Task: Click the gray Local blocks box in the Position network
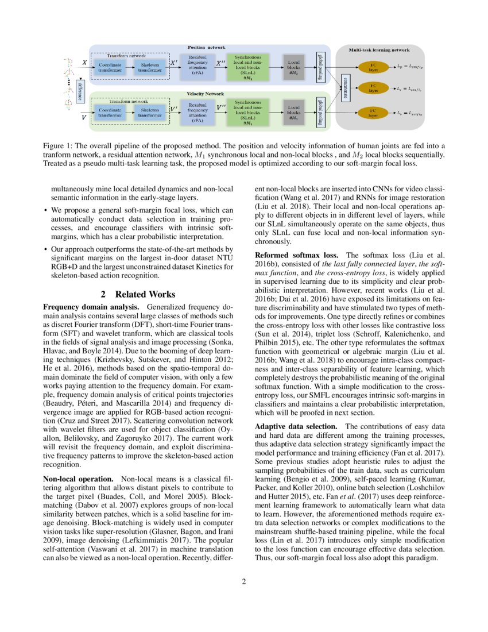[x=293, y=67]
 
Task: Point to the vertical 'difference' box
[x=80, y=91]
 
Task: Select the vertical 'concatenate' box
[x=344, y=89]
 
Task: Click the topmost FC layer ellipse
[x=374, y=67]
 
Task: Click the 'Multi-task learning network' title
[x=379, y=51]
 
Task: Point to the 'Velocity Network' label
[x=206, y=93]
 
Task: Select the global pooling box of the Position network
[x=320, y=67]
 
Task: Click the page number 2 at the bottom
[x=243, y=582]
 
